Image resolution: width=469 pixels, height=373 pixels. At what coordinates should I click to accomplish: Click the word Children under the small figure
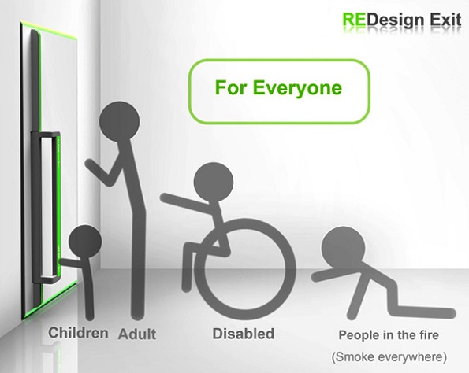pos(78,333)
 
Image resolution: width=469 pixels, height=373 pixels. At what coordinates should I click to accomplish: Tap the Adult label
pos(137,334)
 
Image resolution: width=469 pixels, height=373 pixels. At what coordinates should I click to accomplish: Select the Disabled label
pos(244,334)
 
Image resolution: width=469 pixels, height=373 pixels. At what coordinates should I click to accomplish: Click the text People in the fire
pos(389,335)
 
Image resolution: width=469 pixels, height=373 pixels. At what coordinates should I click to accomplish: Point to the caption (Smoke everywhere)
pos(389,357)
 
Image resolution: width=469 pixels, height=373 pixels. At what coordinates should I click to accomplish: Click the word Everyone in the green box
pos(297,88)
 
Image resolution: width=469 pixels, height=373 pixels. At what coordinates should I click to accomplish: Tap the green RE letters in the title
pos(354,20)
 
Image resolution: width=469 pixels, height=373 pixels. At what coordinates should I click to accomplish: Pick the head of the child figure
pos(85,242)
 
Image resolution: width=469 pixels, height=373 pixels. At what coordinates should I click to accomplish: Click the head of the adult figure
pos(119,121)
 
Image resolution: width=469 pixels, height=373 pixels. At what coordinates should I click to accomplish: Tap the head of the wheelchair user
pos(214,182)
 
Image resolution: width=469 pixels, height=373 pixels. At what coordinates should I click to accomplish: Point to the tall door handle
pos(46,208)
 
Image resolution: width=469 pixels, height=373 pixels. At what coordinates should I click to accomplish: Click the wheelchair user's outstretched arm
pos(188,203)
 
